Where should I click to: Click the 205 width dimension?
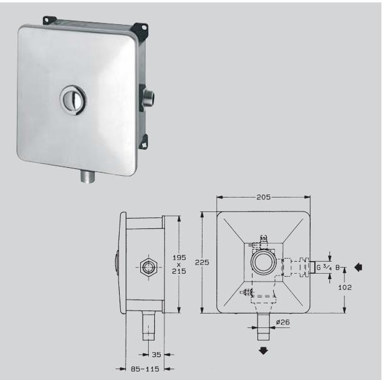[263, 198]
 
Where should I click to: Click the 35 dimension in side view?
[155, 355]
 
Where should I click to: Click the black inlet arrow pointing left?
[359, 266]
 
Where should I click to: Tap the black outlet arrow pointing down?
[264, 352]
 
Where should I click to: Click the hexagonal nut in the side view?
[147, 266]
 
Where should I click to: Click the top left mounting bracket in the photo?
[46, 20]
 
